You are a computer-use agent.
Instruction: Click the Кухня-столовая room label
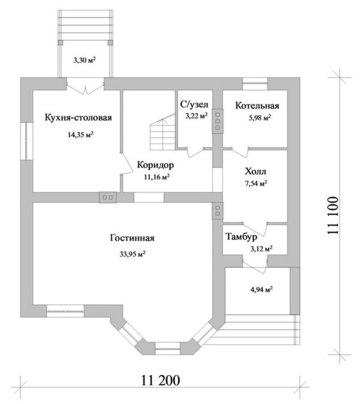point(78,118)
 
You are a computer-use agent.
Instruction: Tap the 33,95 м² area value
point(133,255)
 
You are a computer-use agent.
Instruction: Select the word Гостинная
point(132,238)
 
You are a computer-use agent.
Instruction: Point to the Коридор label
point(155,165)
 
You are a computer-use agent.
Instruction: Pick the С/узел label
point(194,104)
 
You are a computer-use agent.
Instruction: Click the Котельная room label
point(257,106)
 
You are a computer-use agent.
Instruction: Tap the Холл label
point(256,171)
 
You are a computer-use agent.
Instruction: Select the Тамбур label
point(241,237)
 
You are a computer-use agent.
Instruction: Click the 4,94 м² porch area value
point(262,289)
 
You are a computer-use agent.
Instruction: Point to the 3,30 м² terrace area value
point(85,60)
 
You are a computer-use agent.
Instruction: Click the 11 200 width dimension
point(160,380)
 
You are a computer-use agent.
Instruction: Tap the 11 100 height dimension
point(333,216)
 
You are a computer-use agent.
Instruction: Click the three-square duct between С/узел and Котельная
point(218,121)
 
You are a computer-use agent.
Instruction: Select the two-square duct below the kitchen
point(107,197)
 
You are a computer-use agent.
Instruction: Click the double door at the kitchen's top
point(85,86)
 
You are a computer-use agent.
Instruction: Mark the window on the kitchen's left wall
point(26,141)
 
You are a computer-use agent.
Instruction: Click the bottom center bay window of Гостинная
point(167,349)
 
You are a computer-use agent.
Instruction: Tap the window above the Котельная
point(255,83)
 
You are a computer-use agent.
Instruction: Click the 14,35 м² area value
point(80,134)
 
